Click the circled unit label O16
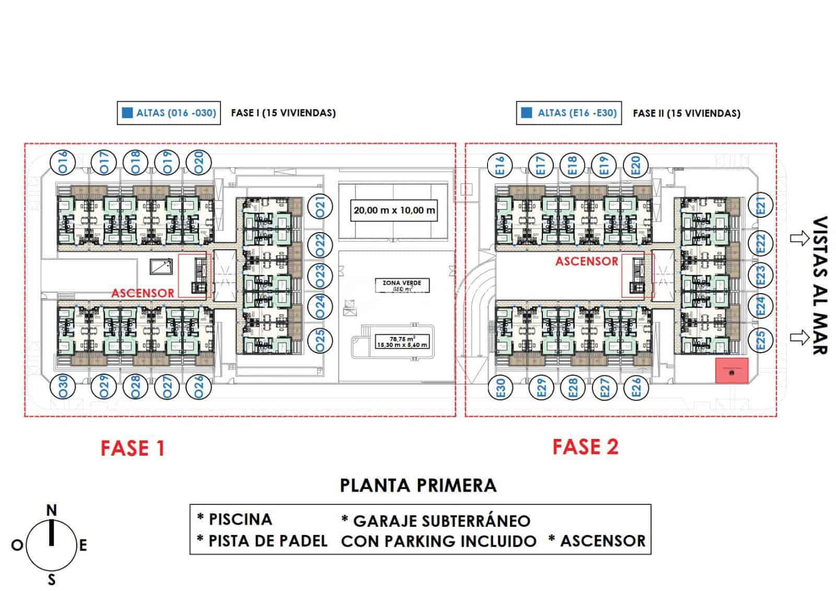tap(63, 162)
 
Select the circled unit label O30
tap(63, 388)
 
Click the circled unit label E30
tap(500, 388)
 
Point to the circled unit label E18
tap(573, 165)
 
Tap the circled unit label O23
tap(320, 274)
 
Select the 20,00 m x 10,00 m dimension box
tap(394, 211)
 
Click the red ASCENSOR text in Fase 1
tap(142, 293)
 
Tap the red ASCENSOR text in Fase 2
tap(586, 261)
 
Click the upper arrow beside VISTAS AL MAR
tap(799, 239)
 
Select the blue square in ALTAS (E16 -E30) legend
tap(527, 112)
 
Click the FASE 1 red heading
tap(133, 448)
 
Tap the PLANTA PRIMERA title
tap(417, 485)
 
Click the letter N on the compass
tap(52, 510)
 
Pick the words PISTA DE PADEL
tap(268, 541)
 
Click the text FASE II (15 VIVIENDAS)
tap(686, 113)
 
